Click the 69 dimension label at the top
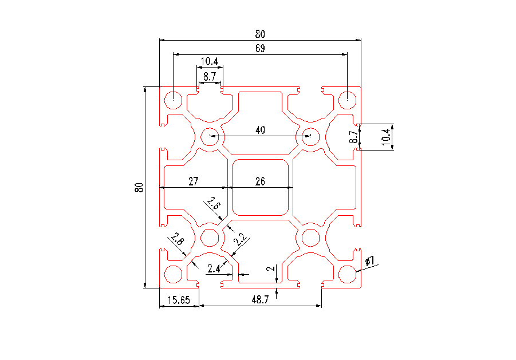click(260, 49)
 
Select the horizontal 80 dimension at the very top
click(260, 34)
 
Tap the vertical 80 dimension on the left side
click(138, 187)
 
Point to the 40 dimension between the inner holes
click(260, 130)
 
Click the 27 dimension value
click(193, 181)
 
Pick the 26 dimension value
click(260, 181)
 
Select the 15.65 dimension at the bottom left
click(178, 299)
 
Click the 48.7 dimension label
click(259, 299)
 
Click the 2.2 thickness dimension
click(239, 240)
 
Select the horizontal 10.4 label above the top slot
click(209, 62)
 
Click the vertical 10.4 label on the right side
click(385, 136)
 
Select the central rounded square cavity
click(260, 187)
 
